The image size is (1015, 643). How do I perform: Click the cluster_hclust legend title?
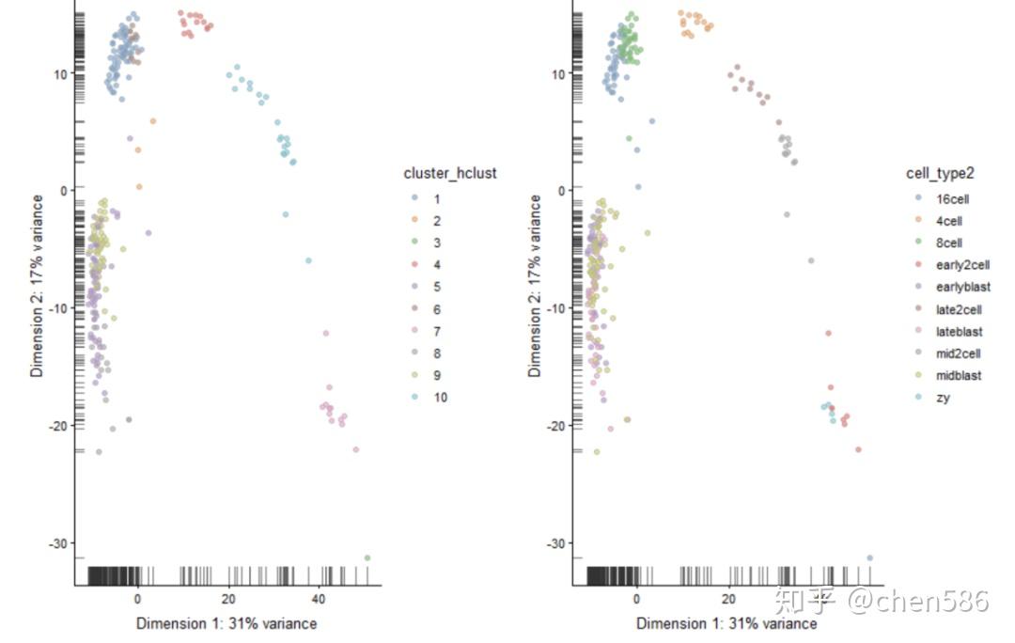449,173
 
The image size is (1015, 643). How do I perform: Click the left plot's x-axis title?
226,623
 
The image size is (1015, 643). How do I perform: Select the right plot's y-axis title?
536,286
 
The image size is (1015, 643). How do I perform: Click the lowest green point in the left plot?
367,557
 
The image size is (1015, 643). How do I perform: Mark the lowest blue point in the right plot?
869,557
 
